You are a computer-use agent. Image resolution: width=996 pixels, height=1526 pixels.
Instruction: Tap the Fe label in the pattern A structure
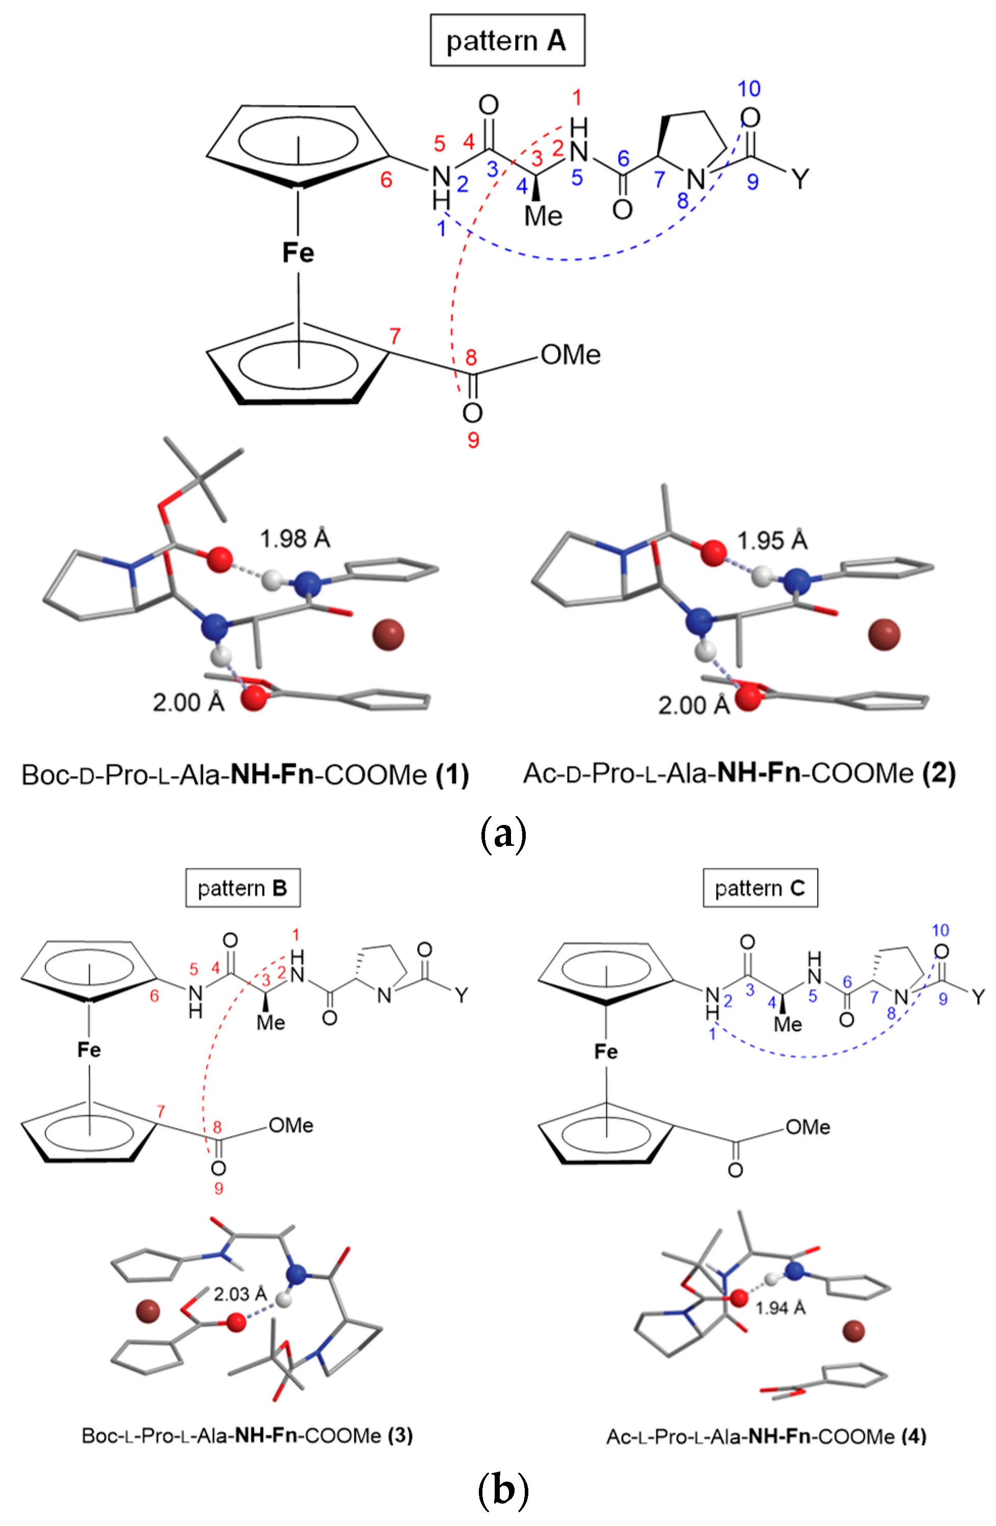pyautogui.click(x=298, y=252)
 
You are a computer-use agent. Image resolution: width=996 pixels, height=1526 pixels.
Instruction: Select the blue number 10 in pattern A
pyautogui.click(x=749, y=89)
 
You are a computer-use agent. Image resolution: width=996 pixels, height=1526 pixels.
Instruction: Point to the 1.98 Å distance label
pyautogui.click(x=294, y=538)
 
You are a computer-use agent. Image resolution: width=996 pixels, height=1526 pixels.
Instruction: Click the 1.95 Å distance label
pyautogui.click(x=772, y=540)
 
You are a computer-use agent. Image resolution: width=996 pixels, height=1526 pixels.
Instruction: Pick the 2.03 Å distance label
pyautogui.click(x=240, y=1294)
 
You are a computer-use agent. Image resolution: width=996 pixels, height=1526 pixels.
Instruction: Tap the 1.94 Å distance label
pyautogui.click(x=780, y=1308)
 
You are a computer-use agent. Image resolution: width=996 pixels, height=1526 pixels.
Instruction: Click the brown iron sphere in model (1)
pyautogui.click(x=388, y=634)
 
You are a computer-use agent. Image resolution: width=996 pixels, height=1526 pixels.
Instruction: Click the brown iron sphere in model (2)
pyautogui.click(x=884, y=634)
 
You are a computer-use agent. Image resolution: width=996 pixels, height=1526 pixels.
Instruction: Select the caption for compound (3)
pyautogui.click(x=247, y=1435)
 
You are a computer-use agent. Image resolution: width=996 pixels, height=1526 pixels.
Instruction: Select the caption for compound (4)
pyautogui.click(x=766, y=1436)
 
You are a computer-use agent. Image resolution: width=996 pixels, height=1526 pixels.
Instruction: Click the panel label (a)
pyautogui.click(x=503, y=834)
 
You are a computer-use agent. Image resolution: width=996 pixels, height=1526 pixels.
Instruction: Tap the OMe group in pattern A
pyautogui.click(x=570, y=354)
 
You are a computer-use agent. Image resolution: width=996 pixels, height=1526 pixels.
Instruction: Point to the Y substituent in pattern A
pyautogui.click(x=800, y=179)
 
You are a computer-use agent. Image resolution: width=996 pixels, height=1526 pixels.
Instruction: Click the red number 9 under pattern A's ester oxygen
pyautogui.click(x=473, y=440)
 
